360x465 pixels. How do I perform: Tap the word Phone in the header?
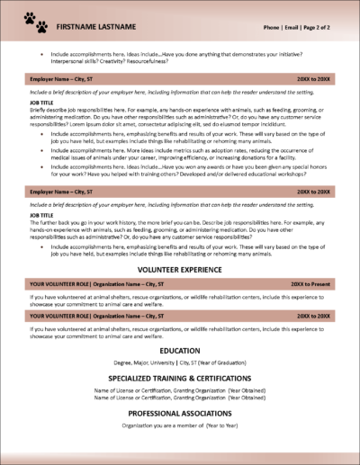(272, 28)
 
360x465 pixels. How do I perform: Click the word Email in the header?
(293, 28)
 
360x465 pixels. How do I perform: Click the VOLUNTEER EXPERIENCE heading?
(180, 269)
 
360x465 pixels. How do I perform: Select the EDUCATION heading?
(180, 350)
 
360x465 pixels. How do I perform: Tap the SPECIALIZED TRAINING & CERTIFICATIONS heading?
(180, 378)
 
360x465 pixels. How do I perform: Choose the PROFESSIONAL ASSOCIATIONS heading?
(180, 412)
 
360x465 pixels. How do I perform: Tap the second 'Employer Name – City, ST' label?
(65, 192)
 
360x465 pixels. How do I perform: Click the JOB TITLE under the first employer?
(41, 103)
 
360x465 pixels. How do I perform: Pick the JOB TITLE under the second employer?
(41, 213)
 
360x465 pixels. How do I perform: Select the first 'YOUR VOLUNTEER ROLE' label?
(66, 282)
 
